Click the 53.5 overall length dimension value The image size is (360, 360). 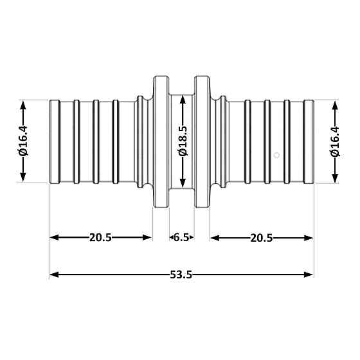(181, 274)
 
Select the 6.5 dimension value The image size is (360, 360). (181, 237)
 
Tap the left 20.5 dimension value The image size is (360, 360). (100, 238)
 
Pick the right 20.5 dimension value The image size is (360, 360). (262, 238)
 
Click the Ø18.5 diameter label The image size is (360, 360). (183, 141)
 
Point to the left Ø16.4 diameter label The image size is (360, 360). (23, 141)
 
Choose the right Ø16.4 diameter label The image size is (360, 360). (335, 141)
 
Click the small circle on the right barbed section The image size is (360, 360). (277, 155)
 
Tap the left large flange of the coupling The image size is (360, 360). (161, 141)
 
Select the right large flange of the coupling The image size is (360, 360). (202, 141)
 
